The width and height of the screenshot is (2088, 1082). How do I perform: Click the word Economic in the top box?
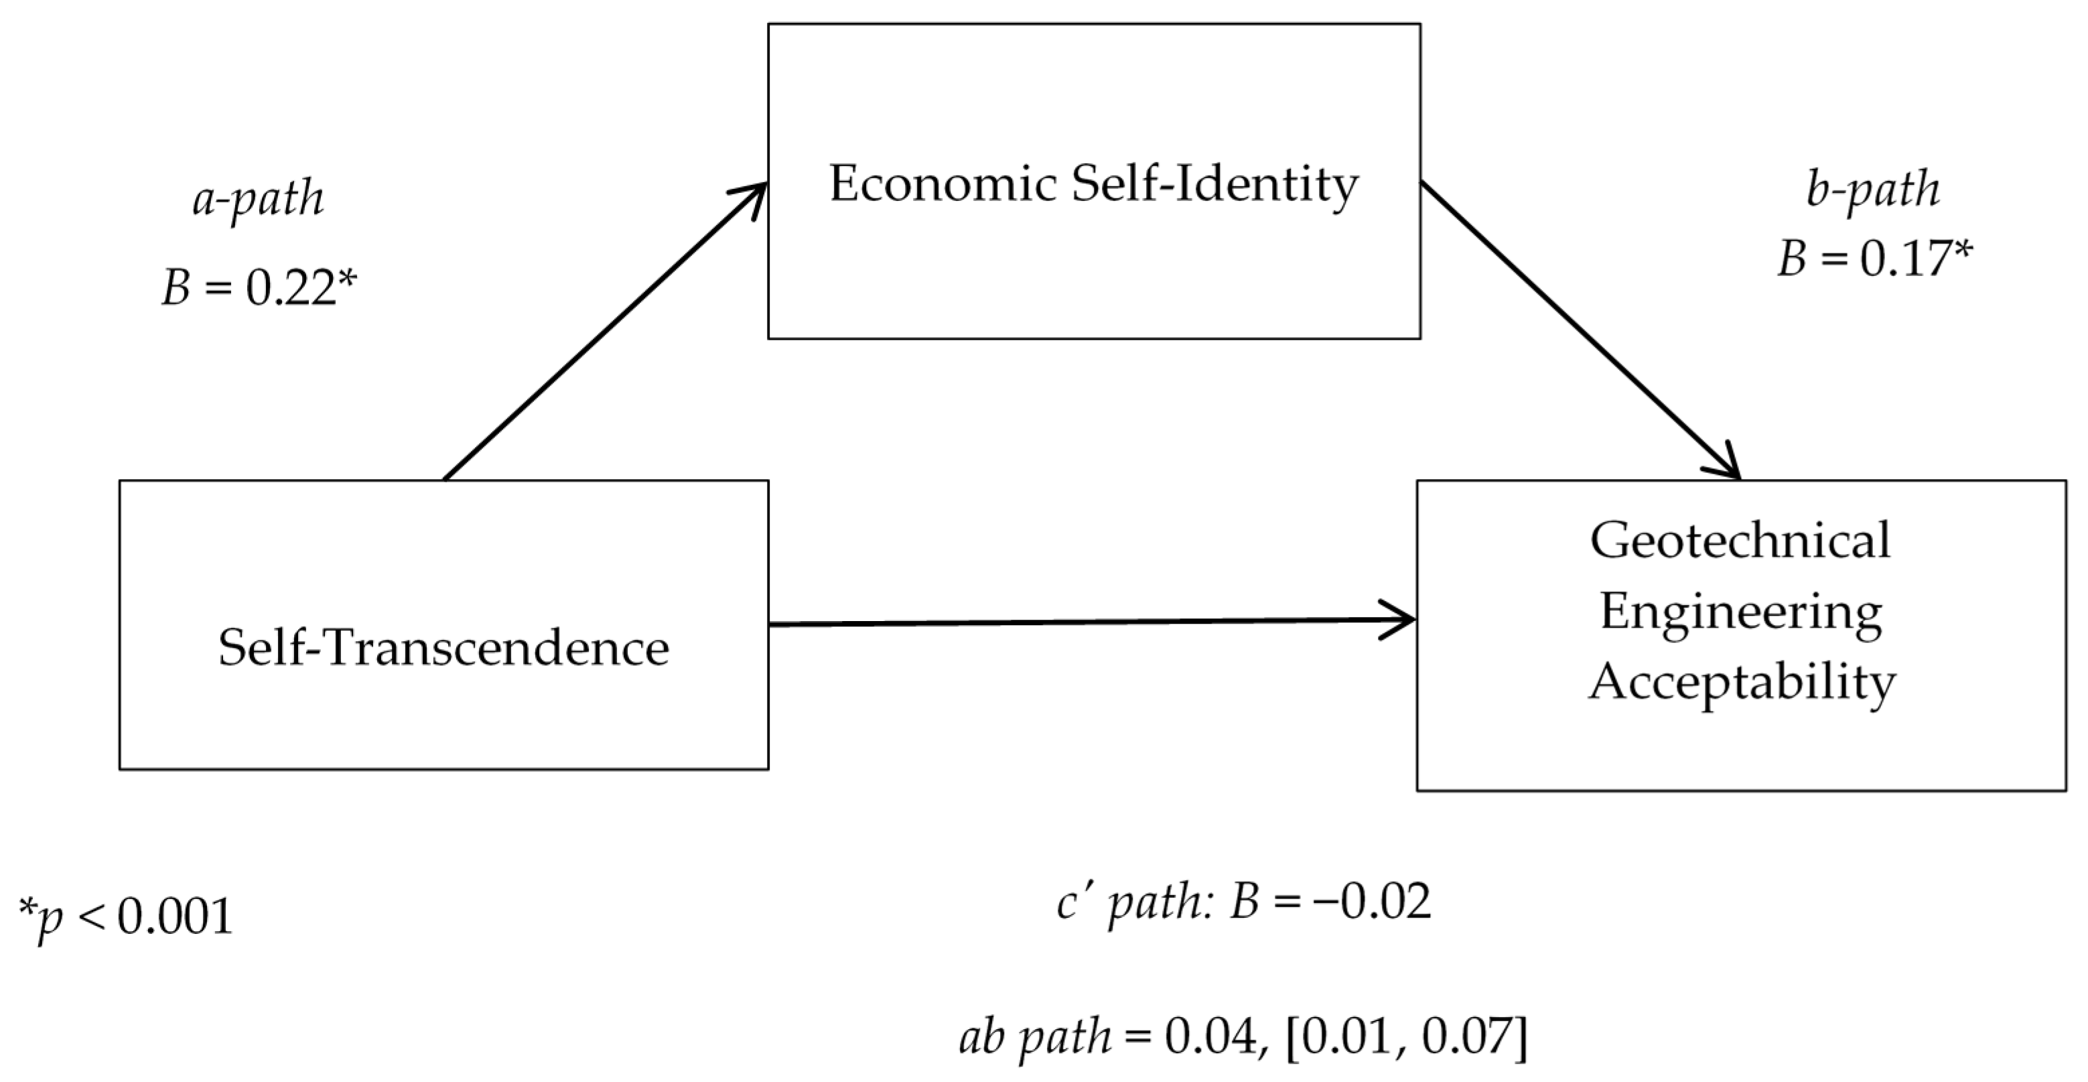(943, 184)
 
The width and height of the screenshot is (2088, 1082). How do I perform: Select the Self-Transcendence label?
(443, 649)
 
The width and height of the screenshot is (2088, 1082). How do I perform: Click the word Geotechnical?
(1740, 541)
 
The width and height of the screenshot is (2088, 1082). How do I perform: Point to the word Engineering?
(1740, 613)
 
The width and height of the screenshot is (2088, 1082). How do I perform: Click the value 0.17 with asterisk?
(1915, 260)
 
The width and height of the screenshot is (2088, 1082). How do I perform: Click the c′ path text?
(1134, 902)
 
